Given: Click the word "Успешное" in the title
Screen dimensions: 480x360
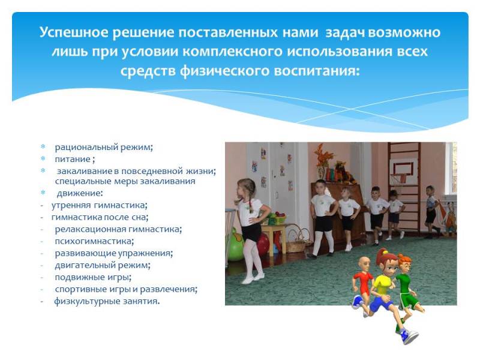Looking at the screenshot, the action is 74,33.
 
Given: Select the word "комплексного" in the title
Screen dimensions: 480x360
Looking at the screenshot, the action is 232,52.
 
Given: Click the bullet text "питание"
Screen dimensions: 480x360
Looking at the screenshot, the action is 73,159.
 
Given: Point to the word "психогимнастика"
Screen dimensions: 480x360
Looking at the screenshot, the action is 94,241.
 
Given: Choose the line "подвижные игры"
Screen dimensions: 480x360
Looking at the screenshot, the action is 92,277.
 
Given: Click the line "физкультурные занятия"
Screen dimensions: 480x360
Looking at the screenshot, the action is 106,301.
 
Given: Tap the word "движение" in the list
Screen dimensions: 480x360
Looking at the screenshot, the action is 79,193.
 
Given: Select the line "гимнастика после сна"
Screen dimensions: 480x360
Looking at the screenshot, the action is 99,217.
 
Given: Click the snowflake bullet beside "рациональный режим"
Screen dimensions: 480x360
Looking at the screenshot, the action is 43,146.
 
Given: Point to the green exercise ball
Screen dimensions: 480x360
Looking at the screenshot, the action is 235,247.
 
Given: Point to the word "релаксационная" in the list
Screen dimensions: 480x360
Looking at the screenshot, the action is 90,229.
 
